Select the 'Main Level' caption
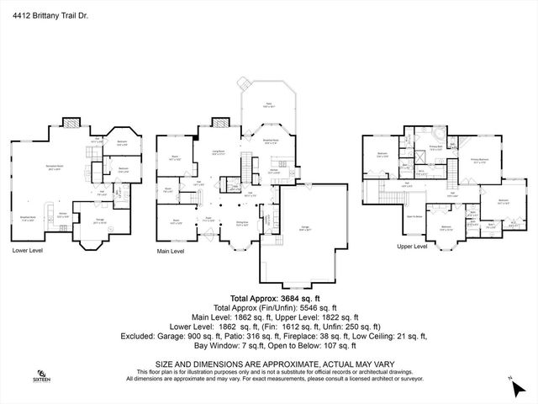click(171, 251)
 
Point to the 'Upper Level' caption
click(412, 247)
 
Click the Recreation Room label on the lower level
click(57, 166)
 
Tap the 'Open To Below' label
click(414, 215)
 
